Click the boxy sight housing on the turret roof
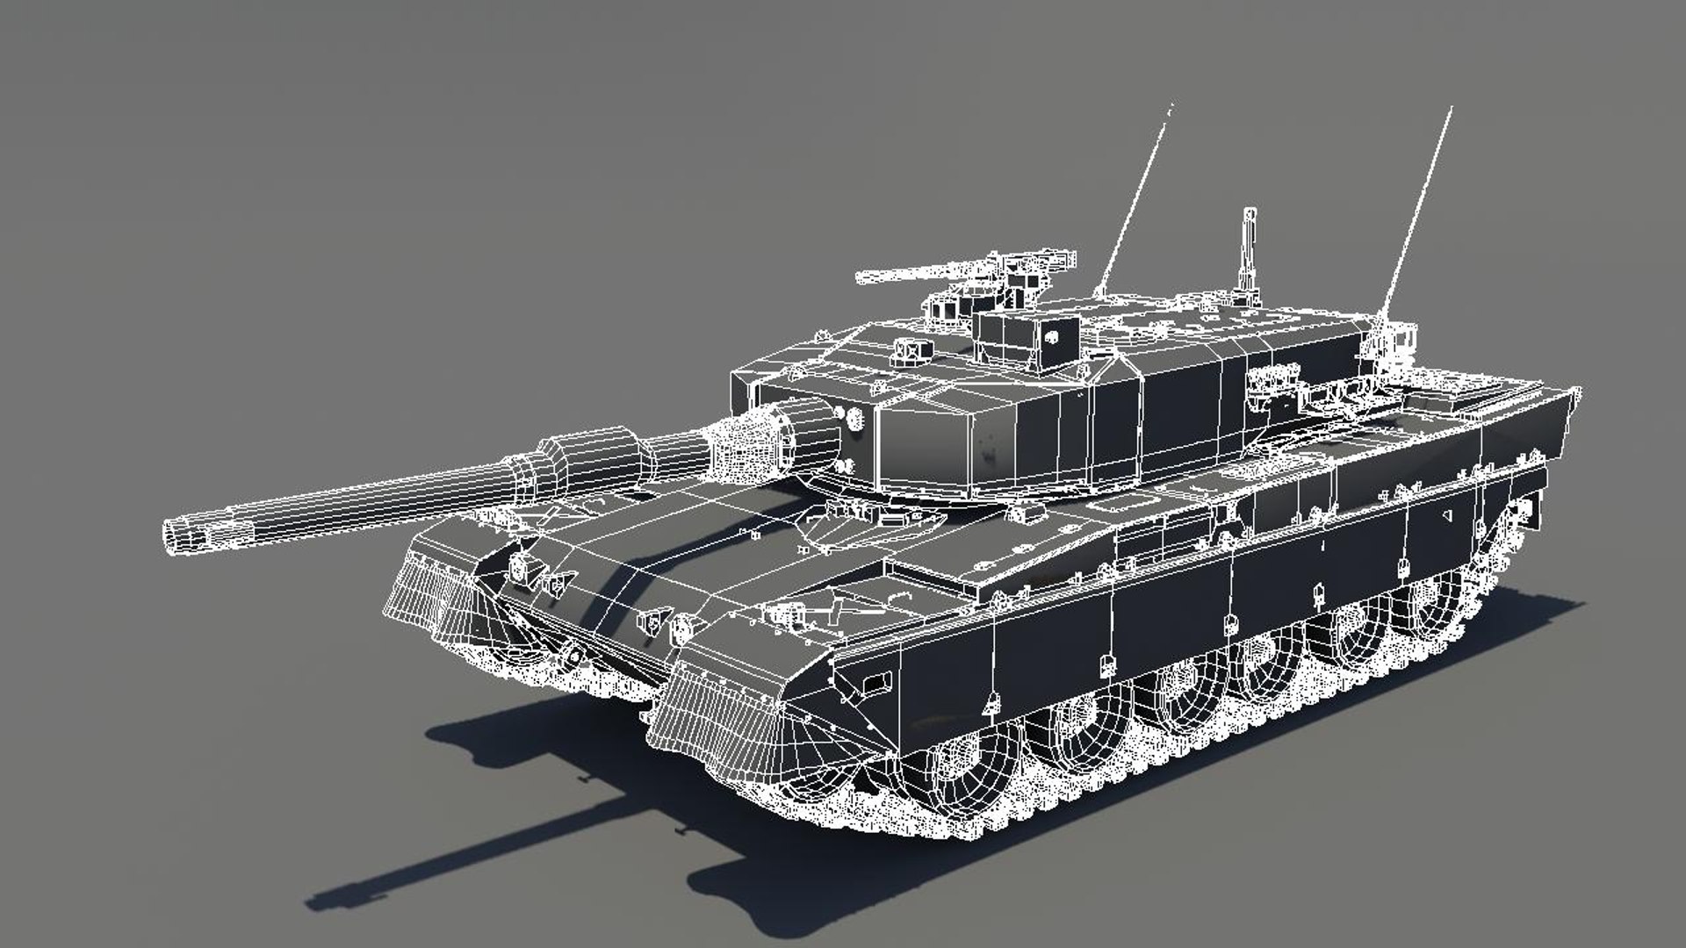point(1027,338)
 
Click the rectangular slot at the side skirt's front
point(874,680)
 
